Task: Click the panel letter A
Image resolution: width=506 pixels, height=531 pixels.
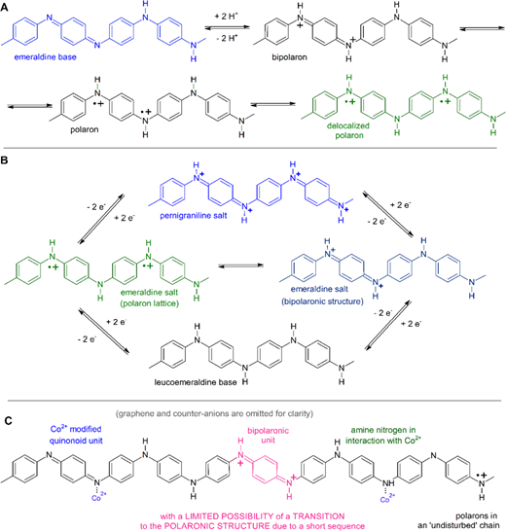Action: pos(5,7)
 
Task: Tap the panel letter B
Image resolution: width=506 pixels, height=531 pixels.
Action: pos(5,159)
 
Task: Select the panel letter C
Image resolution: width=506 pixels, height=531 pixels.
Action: pos(9,420)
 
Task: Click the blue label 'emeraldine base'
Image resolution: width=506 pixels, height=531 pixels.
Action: pos(45,56)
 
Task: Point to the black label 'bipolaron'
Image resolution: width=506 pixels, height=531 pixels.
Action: pos(289,57)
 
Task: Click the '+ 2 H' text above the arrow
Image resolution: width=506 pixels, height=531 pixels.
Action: pos(227,17)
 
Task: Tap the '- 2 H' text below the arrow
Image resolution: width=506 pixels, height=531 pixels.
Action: pos(227,38)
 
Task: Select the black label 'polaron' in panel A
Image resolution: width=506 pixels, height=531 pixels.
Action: pos(85,129)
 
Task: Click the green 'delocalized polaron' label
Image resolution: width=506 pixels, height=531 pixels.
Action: pos(348,130)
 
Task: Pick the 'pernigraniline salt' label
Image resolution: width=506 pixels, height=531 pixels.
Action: pos(194,216)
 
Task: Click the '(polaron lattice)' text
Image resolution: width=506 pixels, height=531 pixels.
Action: pos(150,303)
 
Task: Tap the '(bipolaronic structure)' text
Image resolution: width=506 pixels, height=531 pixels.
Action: pos(322,301)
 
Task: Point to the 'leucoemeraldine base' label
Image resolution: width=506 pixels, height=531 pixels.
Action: pos(196,382)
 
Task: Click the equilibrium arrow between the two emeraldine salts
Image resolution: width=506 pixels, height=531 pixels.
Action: pos(241,265)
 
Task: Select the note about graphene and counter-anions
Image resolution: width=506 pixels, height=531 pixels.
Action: pos(214,413)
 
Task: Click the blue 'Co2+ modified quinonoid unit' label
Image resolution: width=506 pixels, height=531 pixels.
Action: pos(76,435)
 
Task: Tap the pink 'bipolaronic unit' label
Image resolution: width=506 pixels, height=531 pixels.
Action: pos(268,436)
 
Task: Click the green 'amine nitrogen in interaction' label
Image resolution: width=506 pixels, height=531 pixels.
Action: pos(383,435)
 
